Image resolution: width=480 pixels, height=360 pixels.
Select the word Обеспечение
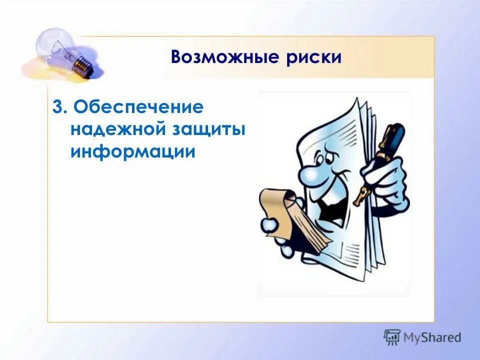tap(138, 108)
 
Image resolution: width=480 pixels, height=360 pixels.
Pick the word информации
tap(132, 151)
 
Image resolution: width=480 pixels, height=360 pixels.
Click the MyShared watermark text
tap(432, 337)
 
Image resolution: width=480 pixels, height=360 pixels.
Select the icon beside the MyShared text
tap(392, 337)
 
